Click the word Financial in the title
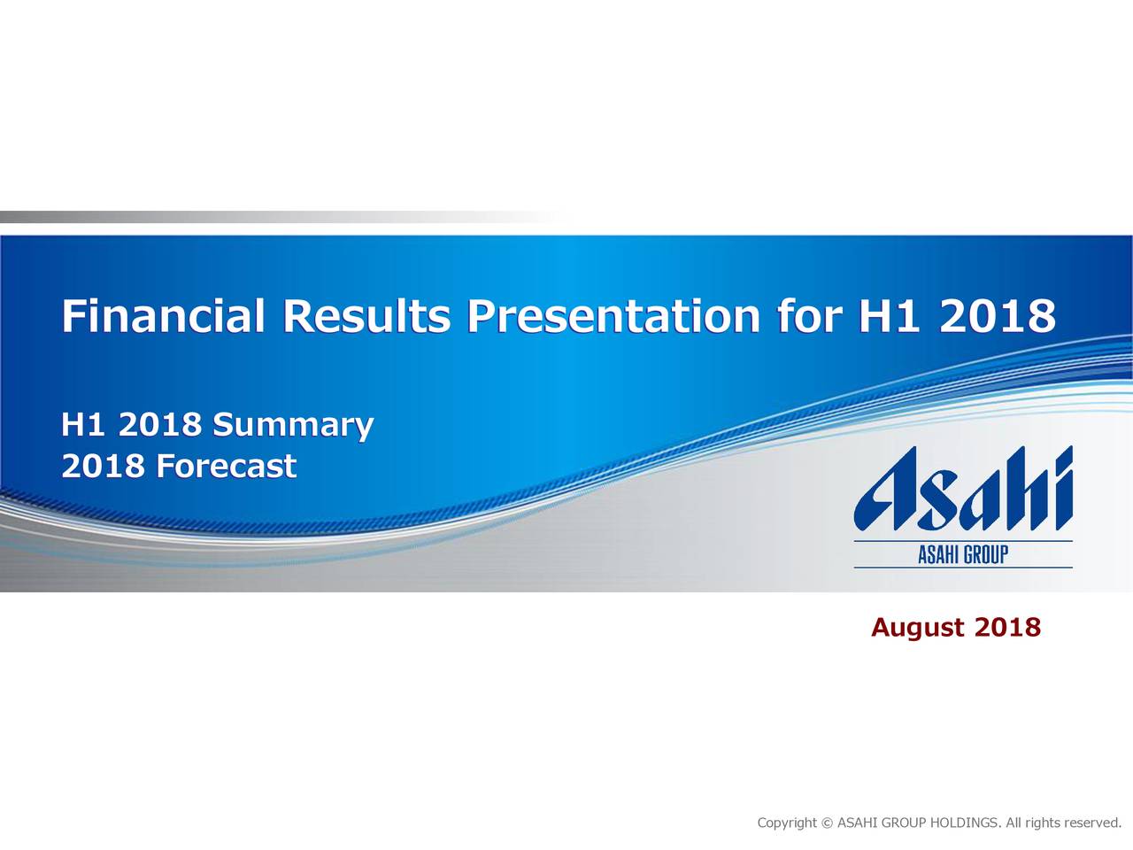(163, 316)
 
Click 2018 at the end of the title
(997, 316)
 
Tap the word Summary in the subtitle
(293, 426)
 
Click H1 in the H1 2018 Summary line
(83, 426)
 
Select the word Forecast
(226, 466)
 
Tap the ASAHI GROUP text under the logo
(963, 555)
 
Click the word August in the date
(917, 628)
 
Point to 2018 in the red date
(1007, 628)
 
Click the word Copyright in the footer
(787, 823)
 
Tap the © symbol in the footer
(828, 823)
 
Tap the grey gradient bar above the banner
(221, 217)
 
